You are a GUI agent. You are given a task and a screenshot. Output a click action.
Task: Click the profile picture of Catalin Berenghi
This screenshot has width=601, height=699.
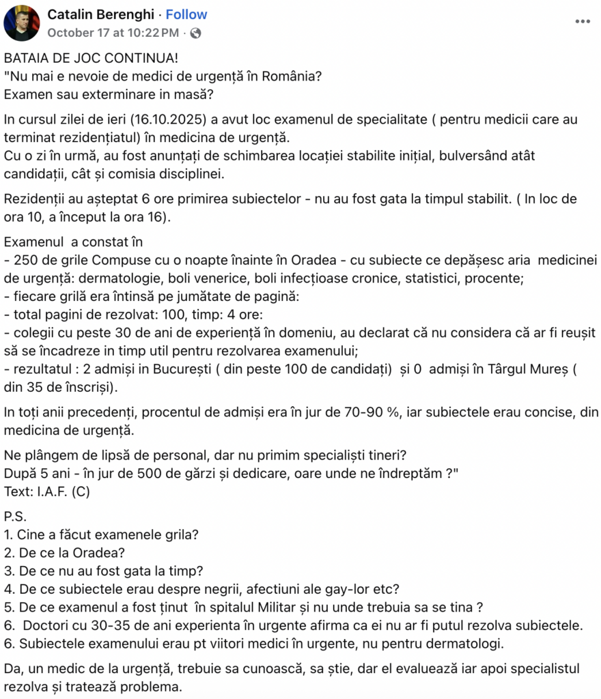(22, 23)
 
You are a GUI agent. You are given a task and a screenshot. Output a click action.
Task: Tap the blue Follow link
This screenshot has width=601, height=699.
(186, 14)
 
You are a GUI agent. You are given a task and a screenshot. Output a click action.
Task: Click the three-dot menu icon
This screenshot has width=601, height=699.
(582, 21)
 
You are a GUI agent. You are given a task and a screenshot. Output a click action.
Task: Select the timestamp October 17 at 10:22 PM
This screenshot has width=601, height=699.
(114, 32)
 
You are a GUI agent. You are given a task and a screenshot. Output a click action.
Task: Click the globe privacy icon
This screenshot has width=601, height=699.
(196, 32)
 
